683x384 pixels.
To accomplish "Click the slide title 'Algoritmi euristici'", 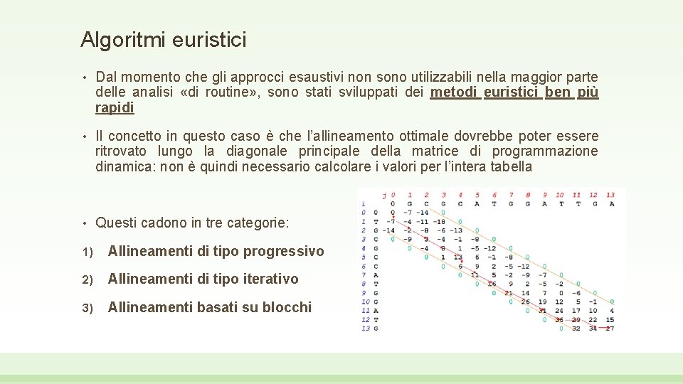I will tap(164, 40).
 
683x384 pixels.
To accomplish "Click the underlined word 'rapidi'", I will tap(115, 108).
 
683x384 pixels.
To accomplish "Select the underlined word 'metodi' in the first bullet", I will tap(454, 92).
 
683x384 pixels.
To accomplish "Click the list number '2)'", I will tap(86, 279).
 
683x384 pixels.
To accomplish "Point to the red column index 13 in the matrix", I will tap(610, 194).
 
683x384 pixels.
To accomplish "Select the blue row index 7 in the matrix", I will tap(364, 274).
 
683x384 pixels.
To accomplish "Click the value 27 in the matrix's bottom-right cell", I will tap(610, 328).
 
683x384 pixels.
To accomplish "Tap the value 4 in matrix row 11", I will tap(611, 310).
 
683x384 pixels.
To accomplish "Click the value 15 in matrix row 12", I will tap(610, 319).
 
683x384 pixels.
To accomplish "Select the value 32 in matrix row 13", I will tap(576, 328).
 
